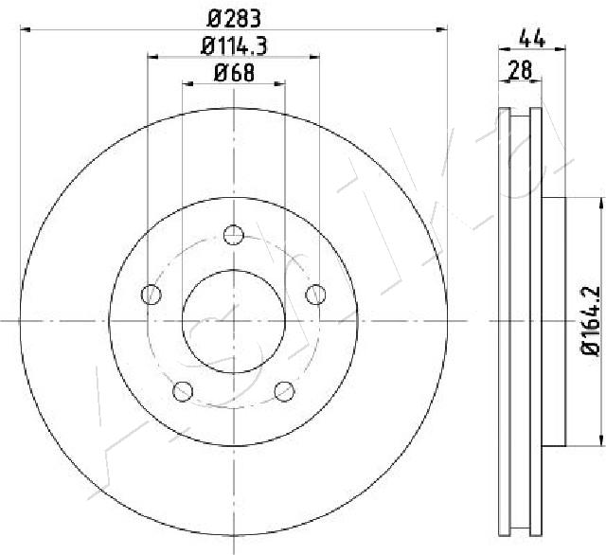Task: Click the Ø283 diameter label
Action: point(234,19)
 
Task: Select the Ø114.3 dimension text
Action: point(234,46)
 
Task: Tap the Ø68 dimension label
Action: point(234,73)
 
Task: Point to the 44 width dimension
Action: point(532,38)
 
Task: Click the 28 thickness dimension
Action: point(521,70)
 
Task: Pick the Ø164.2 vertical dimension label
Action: point(591,320)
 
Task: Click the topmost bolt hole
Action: point(234,235)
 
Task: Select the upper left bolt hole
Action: point(151,295)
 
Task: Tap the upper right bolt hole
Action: point(315,295)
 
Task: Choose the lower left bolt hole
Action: point(183,391)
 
